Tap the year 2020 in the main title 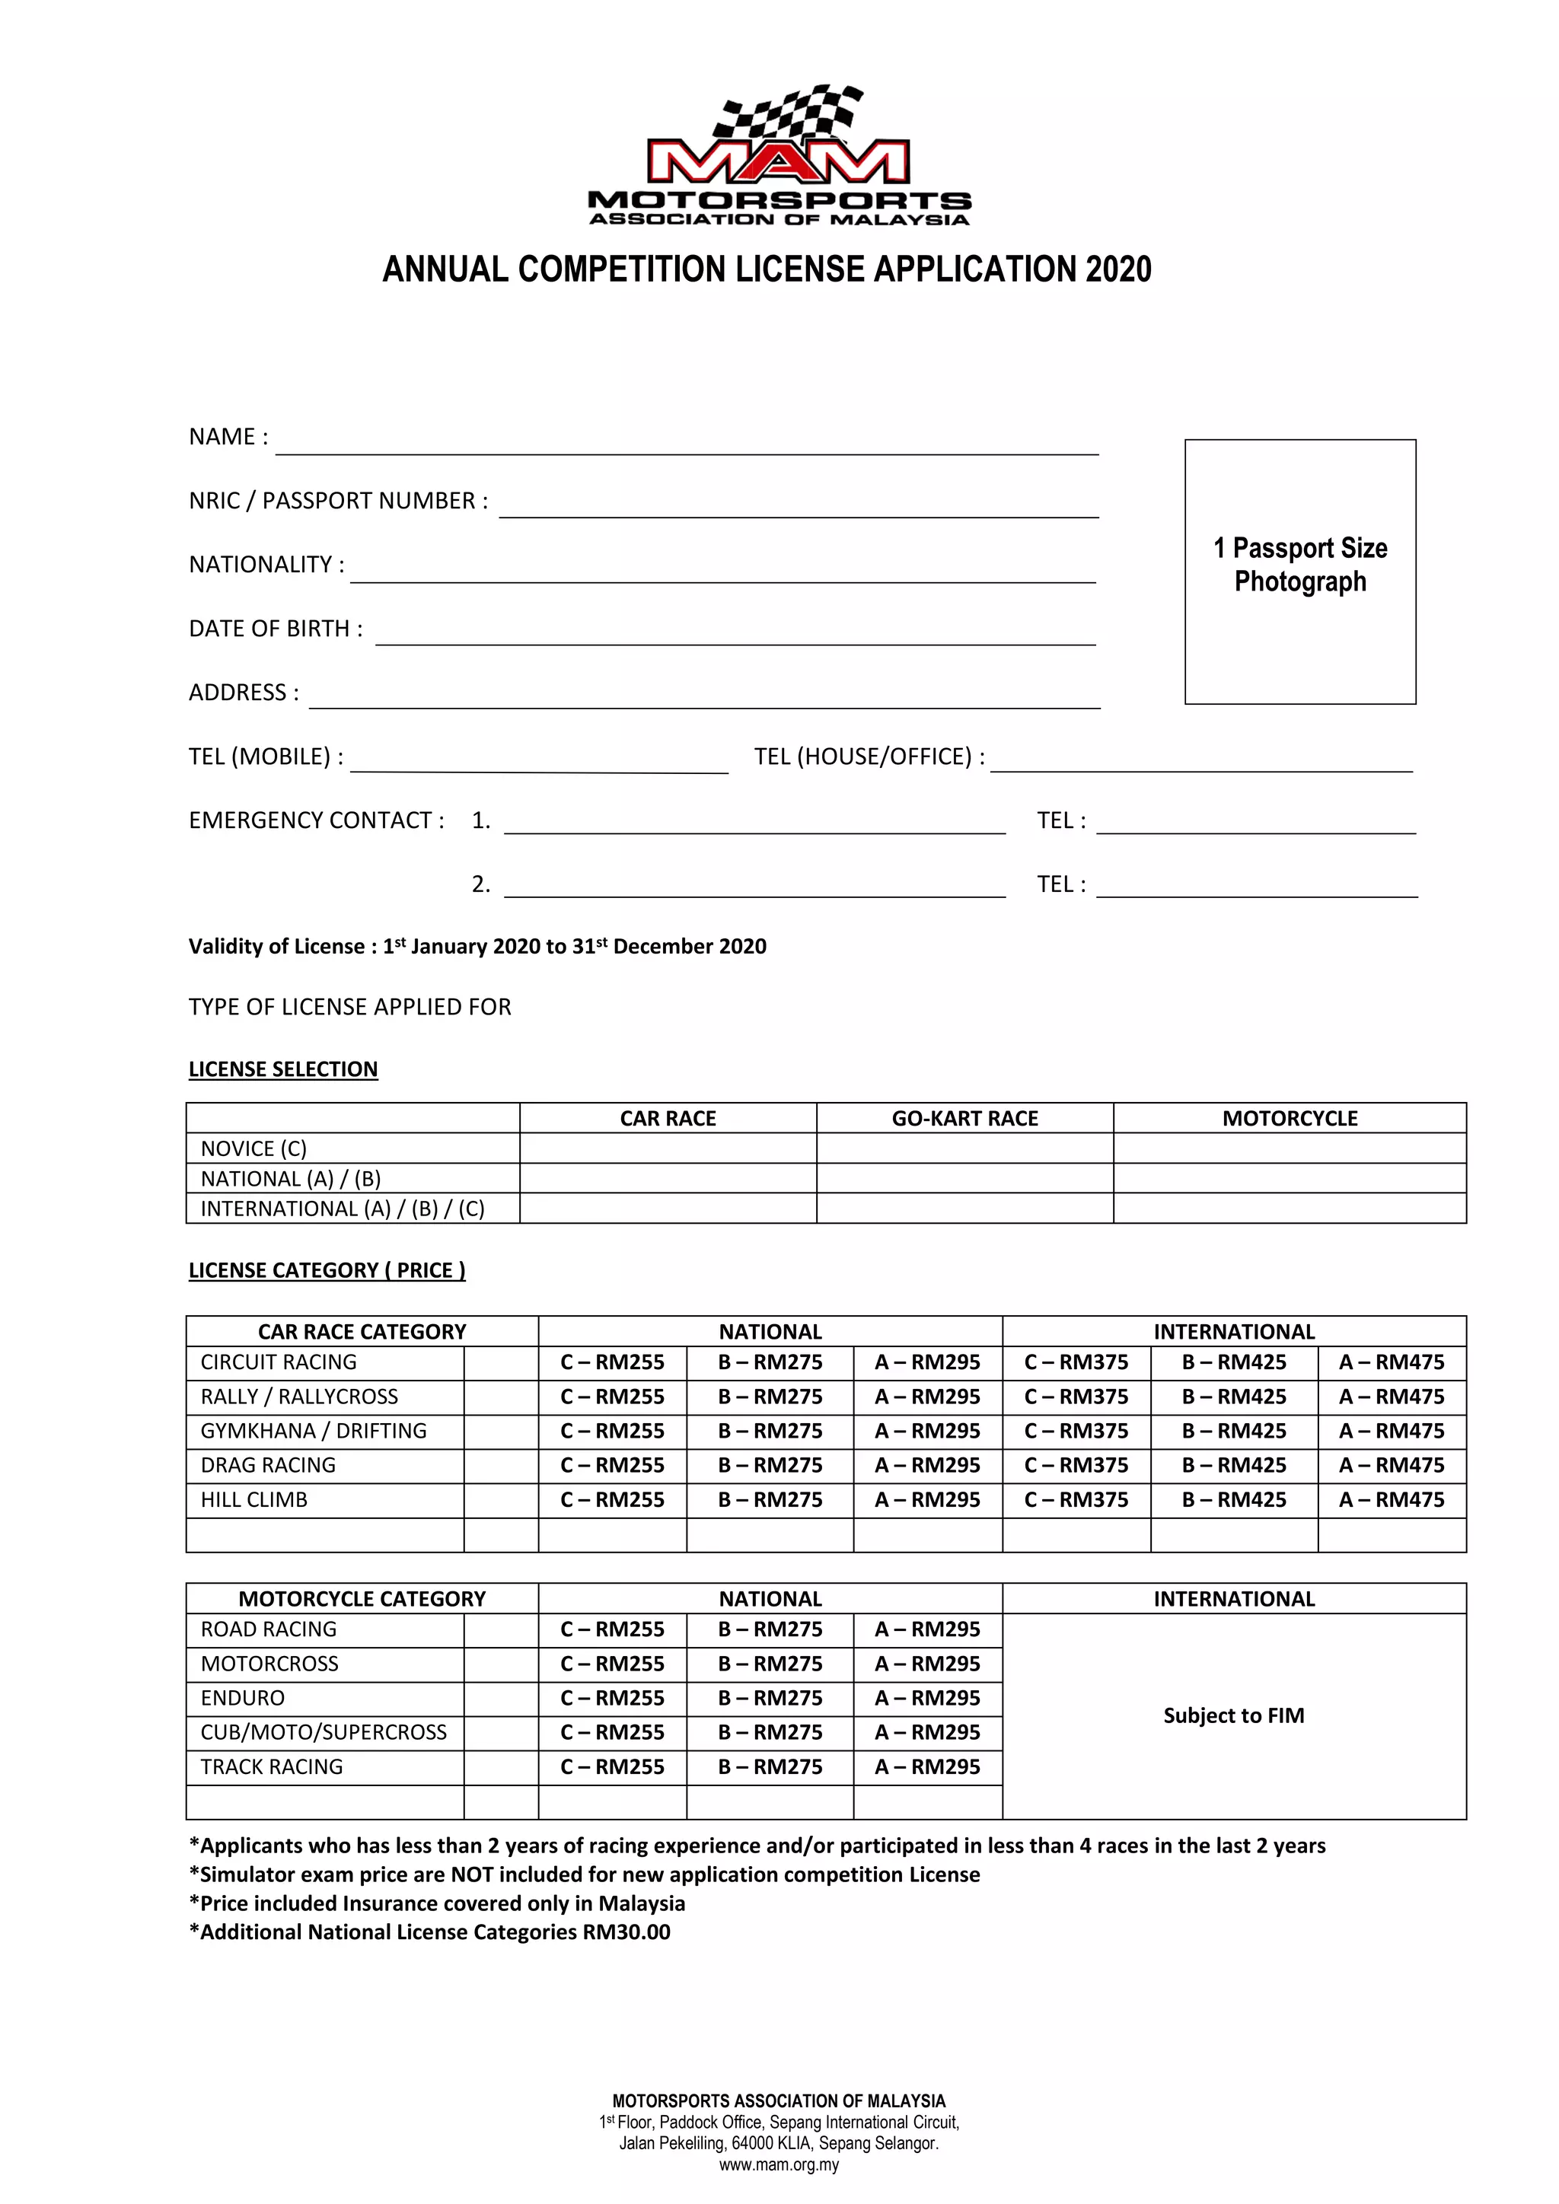coord(1118,269)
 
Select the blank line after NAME coord(687,444)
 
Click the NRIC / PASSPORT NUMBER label coord(338,501)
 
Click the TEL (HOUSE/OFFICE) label coord(869,756)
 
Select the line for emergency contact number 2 coord(754,886)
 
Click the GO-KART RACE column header coord(964,1118)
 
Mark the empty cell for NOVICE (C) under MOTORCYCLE coord(1290,1148)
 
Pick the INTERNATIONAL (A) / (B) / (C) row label coord(343,1209)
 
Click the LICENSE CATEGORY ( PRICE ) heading coord(327,1270)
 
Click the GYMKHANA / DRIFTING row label coord(313,1430)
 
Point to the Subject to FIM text coord(1233,1715)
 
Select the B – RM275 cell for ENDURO coord(770,1697)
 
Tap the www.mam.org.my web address coord(779,2164)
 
